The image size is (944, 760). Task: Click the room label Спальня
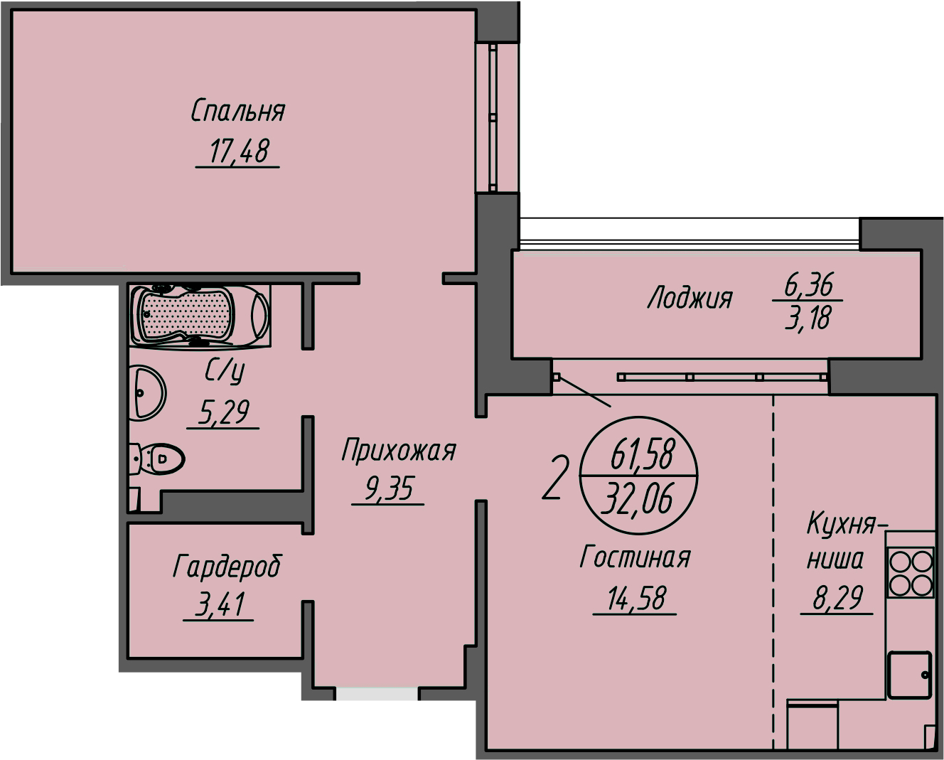click(237, 111)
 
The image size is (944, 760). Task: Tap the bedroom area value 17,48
click(239, 151)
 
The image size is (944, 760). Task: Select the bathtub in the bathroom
click(200, 314)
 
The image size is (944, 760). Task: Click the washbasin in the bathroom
click(147, 392)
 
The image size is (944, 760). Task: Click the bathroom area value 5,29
click(224, 412)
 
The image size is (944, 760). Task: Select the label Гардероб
click(227, 567)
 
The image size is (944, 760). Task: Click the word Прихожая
click(398, 450)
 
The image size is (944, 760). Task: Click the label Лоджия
click(690, 298)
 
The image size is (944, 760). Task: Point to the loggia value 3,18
click(808, 318)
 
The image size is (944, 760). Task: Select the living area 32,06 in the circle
click(638, 498)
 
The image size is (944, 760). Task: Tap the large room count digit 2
click(555, 478)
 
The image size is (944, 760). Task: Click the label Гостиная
click(635, 557)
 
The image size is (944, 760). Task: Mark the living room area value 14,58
click(636, 598)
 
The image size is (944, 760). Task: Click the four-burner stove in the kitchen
click(911, 572)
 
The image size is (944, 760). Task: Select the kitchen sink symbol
click(909, 675)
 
